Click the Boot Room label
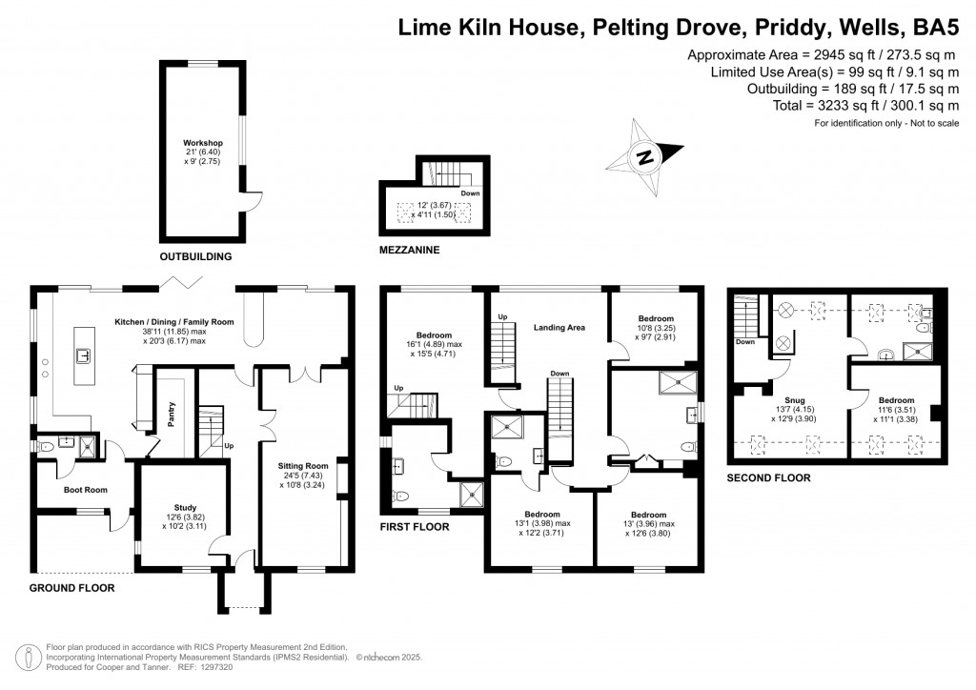(85, 489)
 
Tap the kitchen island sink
(85, 356)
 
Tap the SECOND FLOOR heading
(768, 477)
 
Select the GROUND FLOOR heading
(71, 588)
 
